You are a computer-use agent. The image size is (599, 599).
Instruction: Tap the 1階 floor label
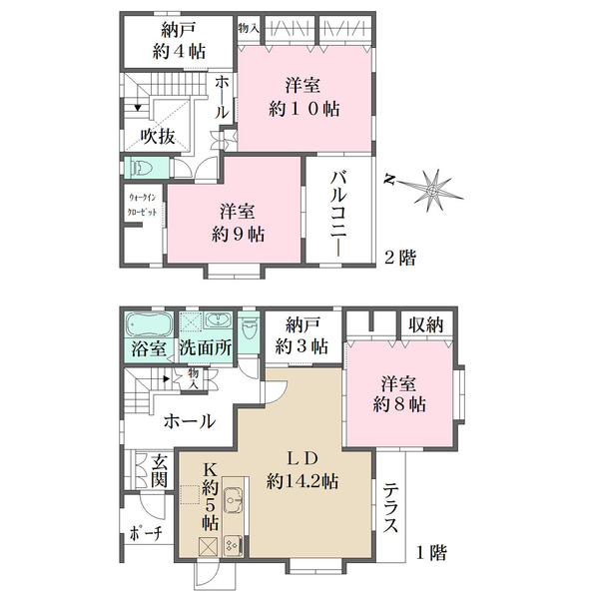[x=432, y=550]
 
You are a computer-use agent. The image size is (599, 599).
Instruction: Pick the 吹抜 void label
[x=158, y=136]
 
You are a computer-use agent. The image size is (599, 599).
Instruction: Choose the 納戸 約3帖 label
[x=304, y=334]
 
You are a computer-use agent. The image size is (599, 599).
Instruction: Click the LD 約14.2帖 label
[x=302, y=469]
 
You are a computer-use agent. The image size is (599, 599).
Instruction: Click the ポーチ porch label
[x=146, y=536]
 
